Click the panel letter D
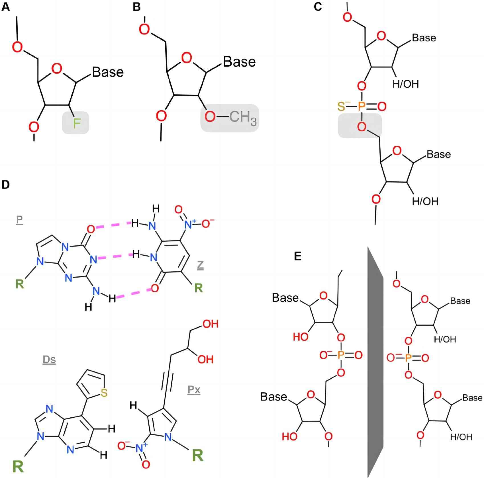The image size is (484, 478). tap(6, 185)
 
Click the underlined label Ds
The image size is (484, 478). tap(49, 360)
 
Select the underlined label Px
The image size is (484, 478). tap(194, 390)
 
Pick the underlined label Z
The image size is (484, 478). tap(200, 265)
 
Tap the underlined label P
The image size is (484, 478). tap(19, 220)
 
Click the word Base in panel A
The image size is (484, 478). tap(108, 72)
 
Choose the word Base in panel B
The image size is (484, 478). tap(239, 61)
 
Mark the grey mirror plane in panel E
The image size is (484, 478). tap(375, 362)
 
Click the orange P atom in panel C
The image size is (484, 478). tap(361, 106)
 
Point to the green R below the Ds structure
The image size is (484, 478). tap(19, 466)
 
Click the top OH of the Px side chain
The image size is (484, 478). tap(210, 324)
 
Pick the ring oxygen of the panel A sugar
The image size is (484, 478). tap(57, 69)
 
